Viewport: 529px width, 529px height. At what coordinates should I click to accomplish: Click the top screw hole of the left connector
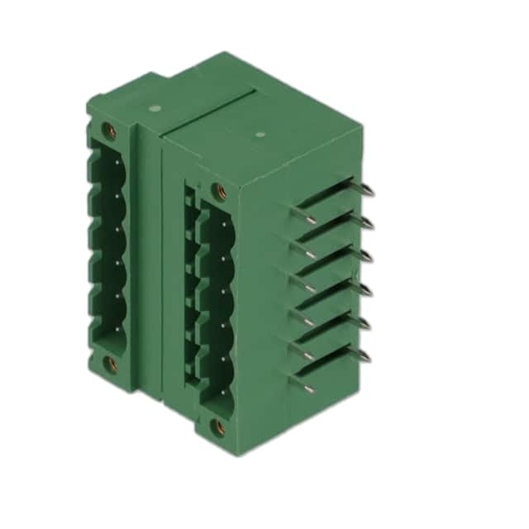[107, 130]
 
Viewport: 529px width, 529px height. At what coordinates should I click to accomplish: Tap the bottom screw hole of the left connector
[109, 362]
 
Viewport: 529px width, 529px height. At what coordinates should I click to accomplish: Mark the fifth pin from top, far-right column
[365, 323]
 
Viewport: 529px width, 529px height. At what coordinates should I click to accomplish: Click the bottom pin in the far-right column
[365, 356]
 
